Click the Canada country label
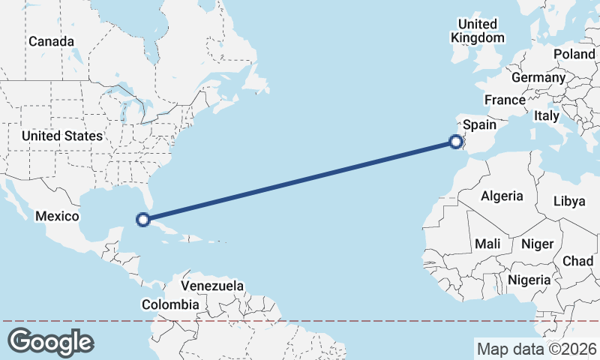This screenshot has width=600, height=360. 52,41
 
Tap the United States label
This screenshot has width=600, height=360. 61,136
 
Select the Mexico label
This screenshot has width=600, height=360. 57,216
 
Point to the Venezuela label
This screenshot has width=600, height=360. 213,286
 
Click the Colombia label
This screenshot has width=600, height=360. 170,304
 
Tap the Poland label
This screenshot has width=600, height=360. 574,54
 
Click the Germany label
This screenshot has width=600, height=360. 538,77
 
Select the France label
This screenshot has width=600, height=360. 505,100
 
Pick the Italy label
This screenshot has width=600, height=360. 546,115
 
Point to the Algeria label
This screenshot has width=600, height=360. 502,196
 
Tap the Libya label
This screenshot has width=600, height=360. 568,201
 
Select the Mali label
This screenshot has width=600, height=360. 487,244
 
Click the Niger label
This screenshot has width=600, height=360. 536,244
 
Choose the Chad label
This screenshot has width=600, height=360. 577,260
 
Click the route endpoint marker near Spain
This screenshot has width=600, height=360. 455,140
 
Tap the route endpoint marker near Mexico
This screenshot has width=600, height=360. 142,220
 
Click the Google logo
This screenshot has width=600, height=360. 51,342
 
